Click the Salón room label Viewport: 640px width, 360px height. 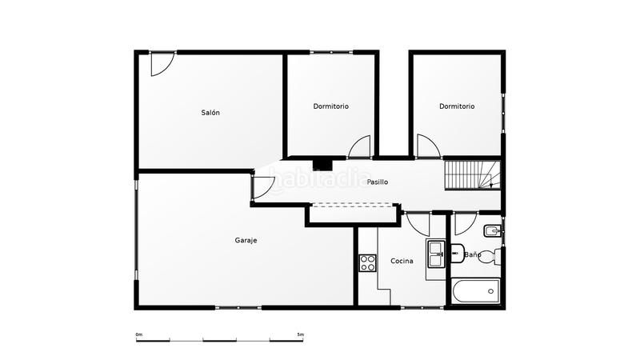pyautogui.click(x=210, y=113)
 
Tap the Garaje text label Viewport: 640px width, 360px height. pyautogui.click(x=246, y=240)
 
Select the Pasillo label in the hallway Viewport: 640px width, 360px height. pyautogui.click(x=378, y=182)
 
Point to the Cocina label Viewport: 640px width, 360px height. pyautogui.click(x=402, y=261)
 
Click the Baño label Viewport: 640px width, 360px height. pyautogui.click(x=473, y=255)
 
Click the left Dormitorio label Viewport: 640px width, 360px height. pyautogui.click(x=330, y=106)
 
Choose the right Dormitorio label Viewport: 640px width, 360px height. pyautogui.click(x=457, y=106)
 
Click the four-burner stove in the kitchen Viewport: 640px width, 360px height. pyautogui.click(x=367, y=262)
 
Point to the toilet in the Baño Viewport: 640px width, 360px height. pyautogui.click(x=497, y=256)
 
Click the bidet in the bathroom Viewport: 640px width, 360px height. pyautogui.click(x=494, y=233)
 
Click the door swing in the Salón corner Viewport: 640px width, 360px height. pyautogui.click(x=161, y=65)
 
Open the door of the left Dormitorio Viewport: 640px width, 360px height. pyautogui.click(x=360, y=147)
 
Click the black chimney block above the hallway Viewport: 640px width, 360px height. pyautogui.click(x=322, y=163)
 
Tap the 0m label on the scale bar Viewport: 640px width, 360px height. pyautogui.click(x=138, y=334)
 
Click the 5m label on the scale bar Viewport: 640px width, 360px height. pyautogui.click(x=300, y=334)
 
